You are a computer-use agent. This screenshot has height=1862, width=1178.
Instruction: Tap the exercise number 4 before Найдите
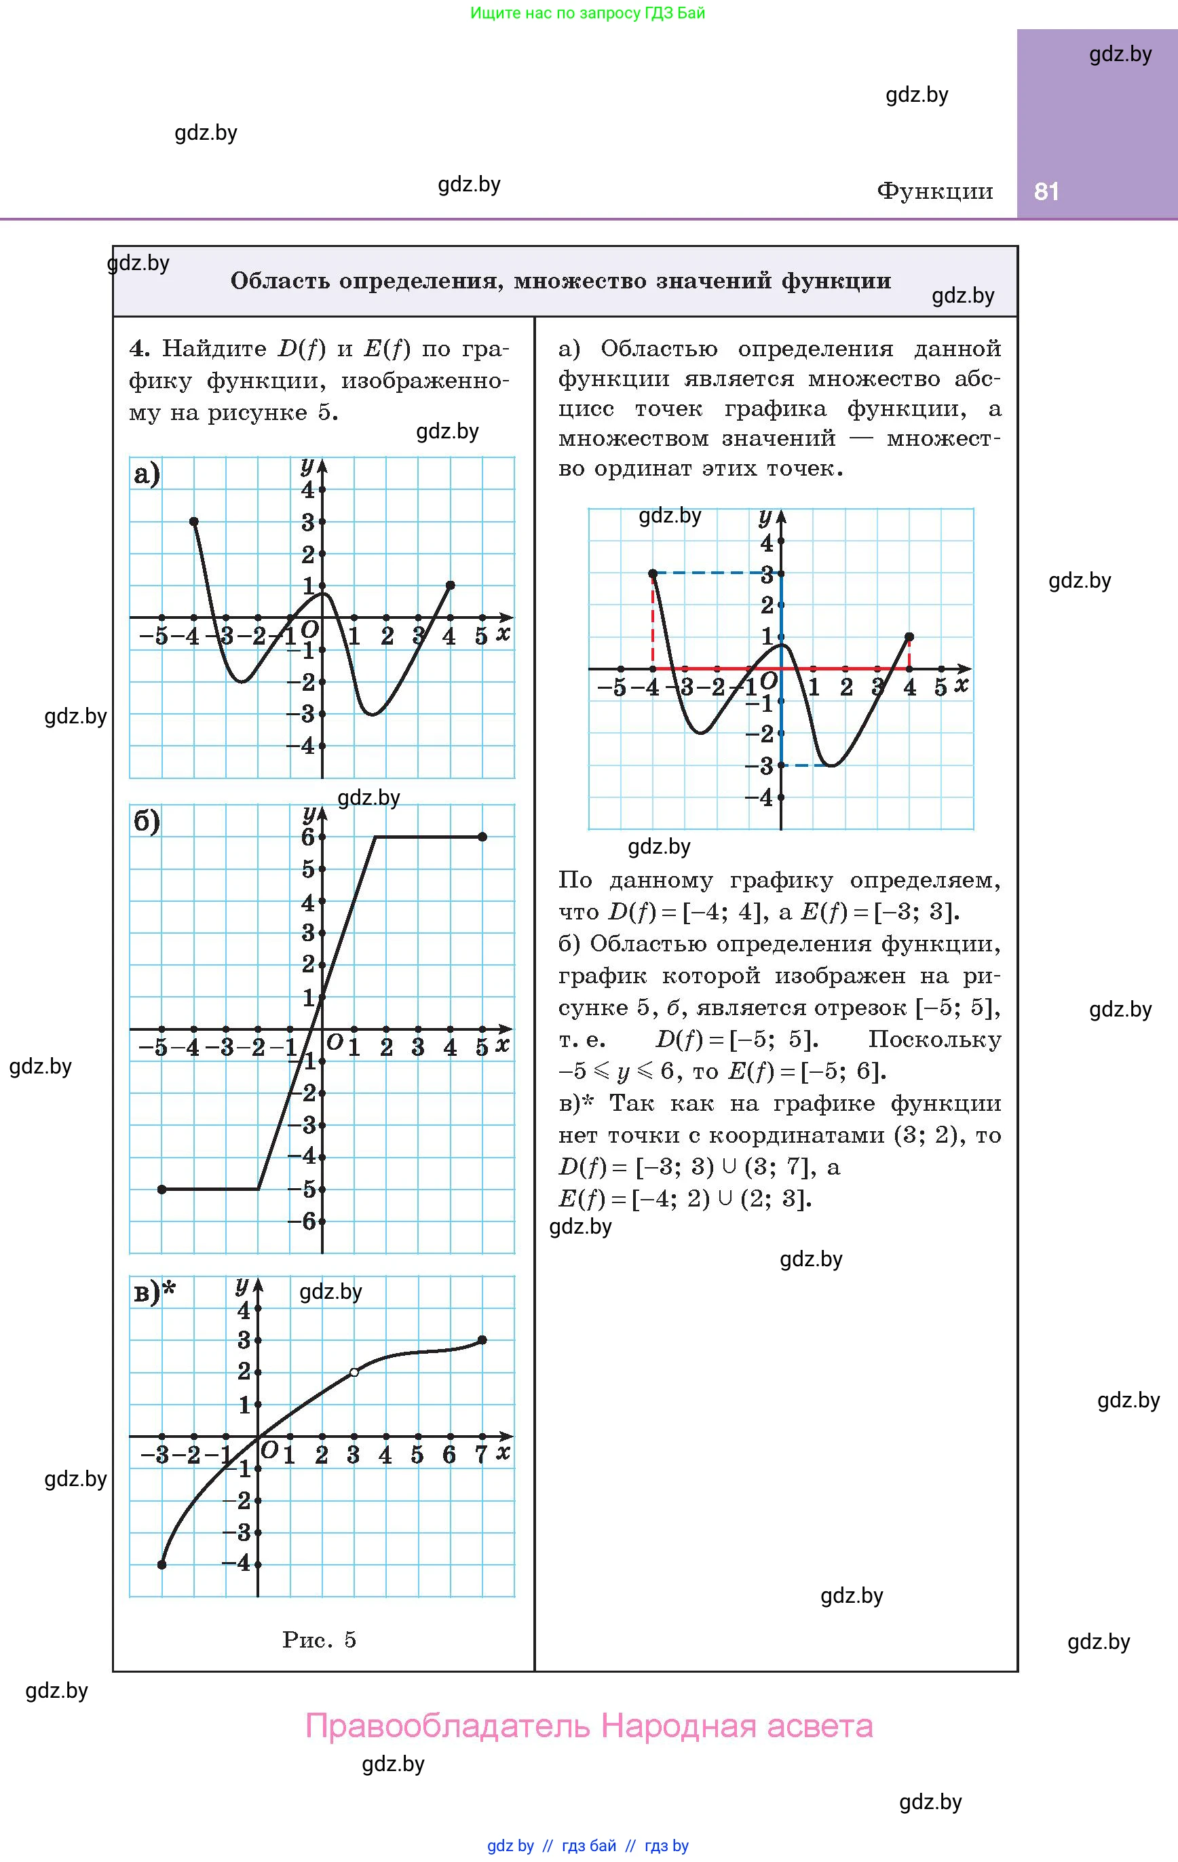point(138,349)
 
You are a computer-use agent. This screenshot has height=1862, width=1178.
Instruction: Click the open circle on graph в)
point(354,1372)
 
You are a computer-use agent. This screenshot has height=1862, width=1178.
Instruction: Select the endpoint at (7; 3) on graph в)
point(482,1340)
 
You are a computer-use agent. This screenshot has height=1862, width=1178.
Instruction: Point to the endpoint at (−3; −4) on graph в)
point(161,1564)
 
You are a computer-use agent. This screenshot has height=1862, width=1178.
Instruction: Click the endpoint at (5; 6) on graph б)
point(482,837)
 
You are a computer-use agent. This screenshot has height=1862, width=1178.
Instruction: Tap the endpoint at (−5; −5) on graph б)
point(161,1190)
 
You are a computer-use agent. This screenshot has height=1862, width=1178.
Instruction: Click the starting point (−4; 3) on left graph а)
point(194,522)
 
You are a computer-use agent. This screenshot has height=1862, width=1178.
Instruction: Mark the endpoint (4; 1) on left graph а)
point(450,586)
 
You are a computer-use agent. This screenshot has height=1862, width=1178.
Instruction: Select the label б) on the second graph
point(146,821)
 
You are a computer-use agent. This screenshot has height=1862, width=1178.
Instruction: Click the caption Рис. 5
point(319,1640)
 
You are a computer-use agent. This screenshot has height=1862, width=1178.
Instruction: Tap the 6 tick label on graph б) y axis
point(308,837)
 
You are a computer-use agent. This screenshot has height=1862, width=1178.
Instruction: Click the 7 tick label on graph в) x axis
point(481,1456)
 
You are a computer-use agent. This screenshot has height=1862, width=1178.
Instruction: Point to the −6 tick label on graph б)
point(303,1221)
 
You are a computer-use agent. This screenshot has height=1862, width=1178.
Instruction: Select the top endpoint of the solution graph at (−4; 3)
point(653,573)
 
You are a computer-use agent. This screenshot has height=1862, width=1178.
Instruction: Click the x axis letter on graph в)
point(503,1451)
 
